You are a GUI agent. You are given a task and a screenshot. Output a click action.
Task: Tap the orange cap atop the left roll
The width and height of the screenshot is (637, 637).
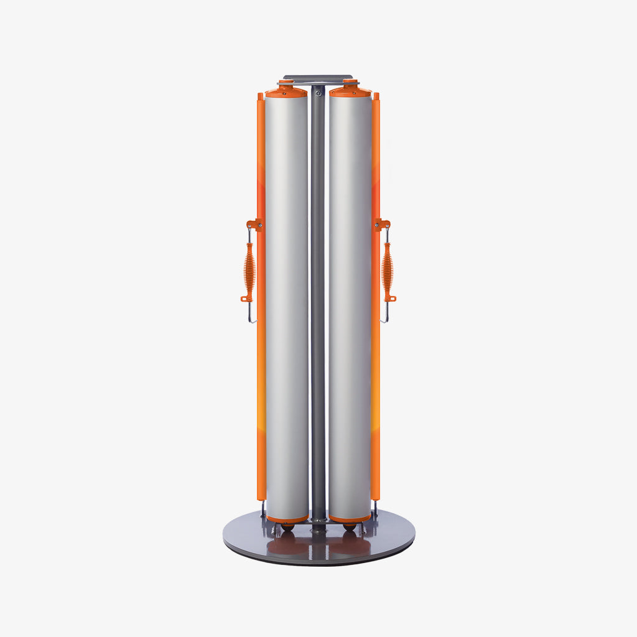[286, 91]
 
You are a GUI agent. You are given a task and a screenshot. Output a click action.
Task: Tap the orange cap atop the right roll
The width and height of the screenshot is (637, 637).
[350, 91]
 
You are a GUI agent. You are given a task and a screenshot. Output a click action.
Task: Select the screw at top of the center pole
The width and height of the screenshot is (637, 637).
[318, 93]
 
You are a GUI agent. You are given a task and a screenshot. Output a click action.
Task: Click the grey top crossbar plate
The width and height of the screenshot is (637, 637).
[318, 78]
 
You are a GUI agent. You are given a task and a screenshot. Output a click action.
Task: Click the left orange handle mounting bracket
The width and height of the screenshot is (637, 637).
[253, 224]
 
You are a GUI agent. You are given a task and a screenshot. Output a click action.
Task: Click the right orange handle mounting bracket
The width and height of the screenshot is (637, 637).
[383, 224]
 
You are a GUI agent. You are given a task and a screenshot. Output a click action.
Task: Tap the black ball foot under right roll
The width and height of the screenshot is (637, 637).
[350, 527]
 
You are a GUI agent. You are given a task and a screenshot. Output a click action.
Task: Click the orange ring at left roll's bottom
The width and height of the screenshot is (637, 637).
[286, 519]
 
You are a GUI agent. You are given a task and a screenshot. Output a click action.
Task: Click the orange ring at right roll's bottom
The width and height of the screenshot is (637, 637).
[350, 519]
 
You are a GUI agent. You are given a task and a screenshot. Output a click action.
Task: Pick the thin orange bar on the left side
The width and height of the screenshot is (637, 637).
[261, 373]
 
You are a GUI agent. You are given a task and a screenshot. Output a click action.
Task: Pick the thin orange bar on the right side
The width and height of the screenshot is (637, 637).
[376, 373]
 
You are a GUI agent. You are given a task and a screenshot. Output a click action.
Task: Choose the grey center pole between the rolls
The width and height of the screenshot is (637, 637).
[318, 311]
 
